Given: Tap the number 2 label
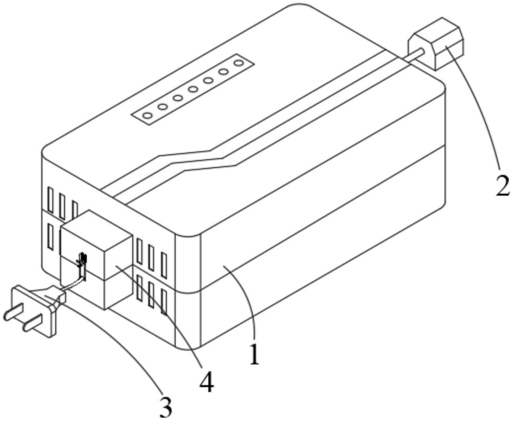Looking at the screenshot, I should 502,186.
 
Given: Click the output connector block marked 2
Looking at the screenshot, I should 437,45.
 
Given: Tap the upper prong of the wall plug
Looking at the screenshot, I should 11,312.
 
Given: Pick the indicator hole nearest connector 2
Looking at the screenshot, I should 239,63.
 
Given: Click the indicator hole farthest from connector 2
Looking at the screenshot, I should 147,116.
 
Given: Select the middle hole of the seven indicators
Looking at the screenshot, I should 193,90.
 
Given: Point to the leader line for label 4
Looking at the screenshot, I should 169,318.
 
